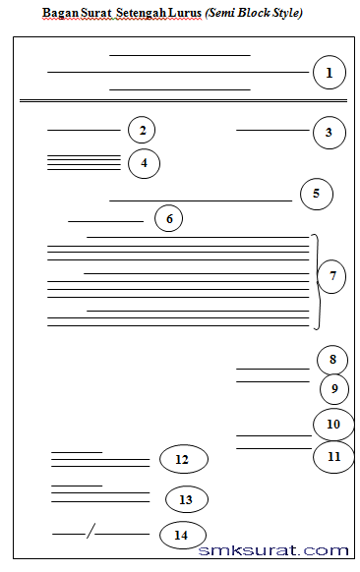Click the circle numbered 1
(x=329, y=73)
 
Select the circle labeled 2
(x=142, y=130)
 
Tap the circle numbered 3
(x=330, y=132)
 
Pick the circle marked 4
(x=144, y=163)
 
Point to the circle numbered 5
(x=316, y=194)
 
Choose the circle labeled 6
(x=169, y=218)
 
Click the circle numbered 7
(x=332, y=276)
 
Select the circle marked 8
(x=332, y=361)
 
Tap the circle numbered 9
(x=334, y=389)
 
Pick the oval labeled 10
(x=333, y=424)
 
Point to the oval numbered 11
(x=333, y=456)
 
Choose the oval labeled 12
(x=183, y=459)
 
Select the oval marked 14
(x=182, y=535)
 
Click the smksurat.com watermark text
(x=273, y=551)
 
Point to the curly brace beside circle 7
(x=316, y=280)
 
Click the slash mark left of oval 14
(x=90, y=533)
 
